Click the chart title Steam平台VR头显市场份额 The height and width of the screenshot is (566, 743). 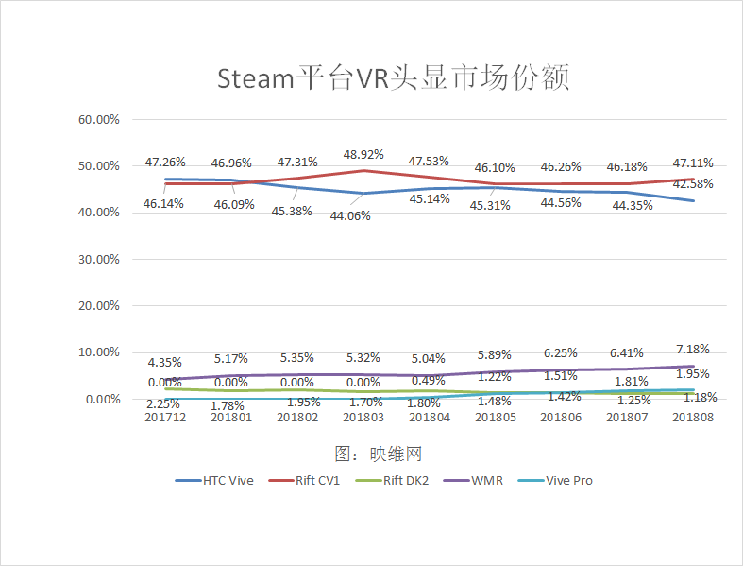393,77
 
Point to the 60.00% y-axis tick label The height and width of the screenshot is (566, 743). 99,120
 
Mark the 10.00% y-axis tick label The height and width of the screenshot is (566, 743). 99,352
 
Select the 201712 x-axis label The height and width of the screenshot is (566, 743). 165,416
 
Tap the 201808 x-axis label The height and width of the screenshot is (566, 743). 693,416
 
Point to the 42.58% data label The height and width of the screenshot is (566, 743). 693,183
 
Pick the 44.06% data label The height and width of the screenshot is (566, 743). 349,215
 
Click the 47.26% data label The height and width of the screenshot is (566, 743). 165,162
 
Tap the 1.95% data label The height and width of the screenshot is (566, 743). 694,373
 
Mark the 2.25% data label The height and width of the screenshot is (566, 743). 165,403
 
